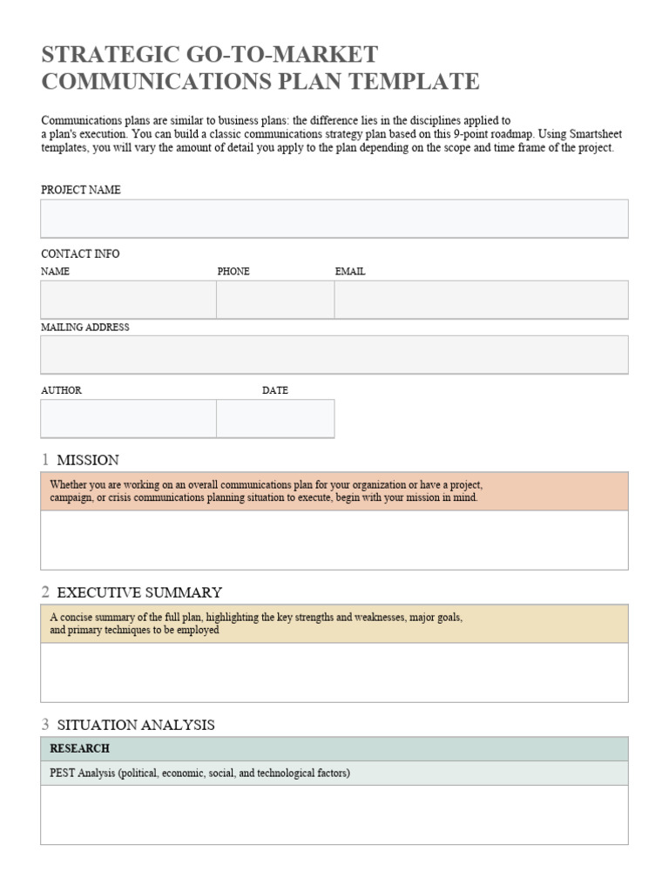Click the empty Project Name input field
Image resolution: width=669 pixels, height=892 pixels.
pyautogui.click(x=334, y=219)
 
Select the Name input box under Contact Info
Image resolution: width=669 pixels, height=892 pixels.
pyautogui.click(x=128, y=300)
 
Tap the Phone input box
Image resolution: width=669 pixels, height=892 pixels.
pyautogui.click(x=275, y=300)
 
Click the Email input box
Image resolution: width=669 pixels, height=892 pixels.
pyautogui.click(x=481, y=300)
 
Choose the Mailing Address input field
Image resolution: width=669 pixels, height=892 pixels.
pyautogui.click(x=334, y=355)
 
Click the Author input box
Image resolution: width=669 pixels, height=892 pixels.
pyautogui.click(x=128, y=418)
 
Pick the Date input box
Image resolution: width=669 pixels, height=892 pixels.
pyautogui.click(x=275, y=418)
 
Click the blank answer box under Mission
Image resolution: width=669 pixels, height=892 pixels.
pyautogui.click(x=334, y=540)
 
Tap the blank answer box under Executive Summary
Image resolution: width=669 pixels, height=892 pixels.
pyautogui.click(x=334, y=672)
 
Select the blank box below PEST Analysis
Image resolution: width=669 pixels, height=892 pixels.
pyautogui.click(x=334, y=814)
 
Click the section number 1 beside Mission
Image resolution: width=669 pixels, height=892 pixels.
pyautogui.click(x=45, y=460)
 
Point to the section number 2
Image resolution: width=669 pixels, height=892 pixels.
pyautogui.click(x=45, y=592)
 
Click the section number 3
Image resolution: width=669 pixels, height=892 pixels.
pyautogui.click(x=45, y=725)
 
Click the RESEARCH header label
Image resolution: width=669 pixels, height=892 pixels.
pyautogui.click(x=80, y=749)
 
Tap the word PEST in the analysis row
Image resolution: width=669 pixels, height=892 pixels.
pyautogui.click(x=64, y=774)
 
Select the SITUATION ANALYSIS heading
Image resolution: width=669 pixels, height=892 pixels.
pyautogui.click(x=136, y=725)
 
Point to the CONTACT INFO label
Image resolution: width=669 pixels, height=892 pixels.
pyautogui.click(x=80, y=254)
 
